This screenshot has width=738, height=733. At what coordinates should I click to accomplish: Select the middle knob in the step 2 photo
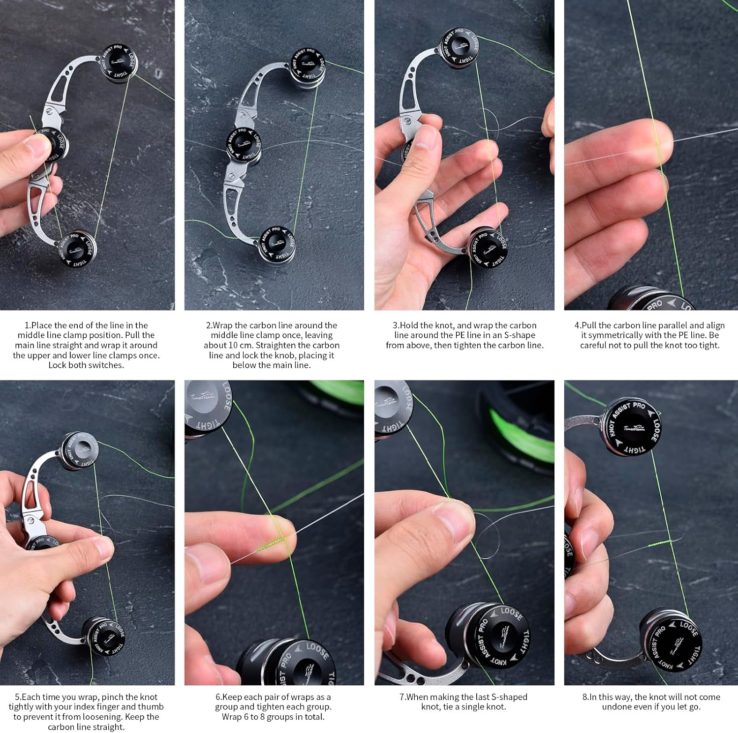243,143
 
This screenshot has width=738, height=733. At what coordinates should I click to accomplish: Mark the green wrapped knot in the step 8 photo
660,543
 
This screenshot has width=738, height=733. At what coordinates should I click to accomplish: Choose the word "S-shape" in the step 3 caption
519,335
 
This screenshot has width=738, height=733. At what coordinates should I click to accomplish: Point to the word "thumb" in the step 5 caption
151,707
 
